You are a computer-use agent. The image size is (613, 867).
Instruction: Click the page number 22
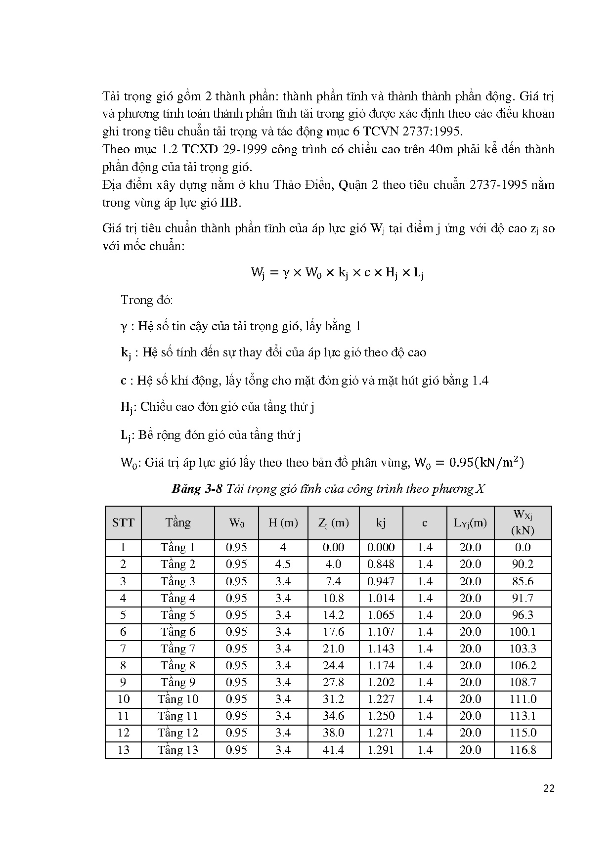(549, 788)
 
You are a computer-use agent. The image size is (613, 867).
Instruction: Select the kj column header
(381, 522)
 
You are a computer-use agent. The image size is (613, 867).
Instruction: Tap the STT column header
(123, 522)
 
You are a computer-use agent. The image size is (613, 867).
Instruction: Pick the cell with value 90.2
(523, 564)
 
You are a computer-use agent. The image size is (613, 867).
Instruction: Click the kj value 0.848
(381, 564)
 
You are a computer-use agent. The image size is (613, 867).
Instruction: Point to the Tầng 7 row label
(178, 649)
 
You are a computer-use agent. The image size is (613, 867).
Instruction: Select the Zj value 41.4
(333, 750)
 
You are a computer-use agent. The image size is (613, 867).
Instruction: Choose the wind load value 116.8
(523, 750)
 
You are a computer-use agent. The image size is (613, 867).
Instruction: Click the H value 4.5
(283, 564)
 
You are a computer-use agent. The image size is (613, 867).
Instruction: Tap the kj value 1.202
(381, 682)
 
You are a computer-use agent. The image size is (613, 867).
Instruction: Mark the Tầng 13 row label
(178, 750)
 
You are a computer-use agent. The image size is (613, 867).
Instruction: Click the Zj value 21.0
(333, 649)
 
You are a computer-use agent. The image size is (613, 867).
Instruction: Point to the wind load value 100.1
(523, 632)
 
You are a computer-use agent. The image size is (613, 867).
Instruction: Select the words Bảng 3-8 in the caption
(195, 489)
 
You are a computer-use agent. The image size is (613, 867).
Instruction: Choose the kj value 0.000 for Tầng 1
(381, 547)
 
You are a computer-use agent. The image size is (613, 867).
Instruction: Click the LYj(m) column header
(470, 522)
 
